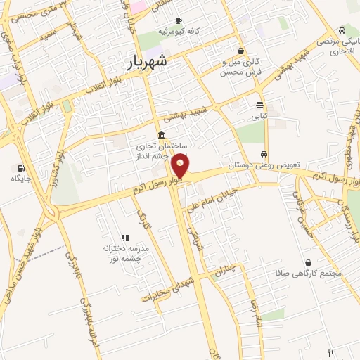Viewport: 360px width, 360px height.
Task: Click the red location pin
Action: coord(181,167)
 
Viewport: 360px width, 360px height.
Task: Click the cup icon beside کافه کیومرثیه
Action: coord(179,21)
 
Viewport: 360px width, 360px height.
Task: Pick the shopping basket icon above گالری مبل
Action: coord(241,51)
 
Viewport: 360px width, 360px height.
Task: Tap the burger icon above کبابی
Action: coord(259,105)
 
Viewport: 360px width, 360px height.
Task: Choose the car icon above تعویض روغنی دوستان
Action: coord(264,155)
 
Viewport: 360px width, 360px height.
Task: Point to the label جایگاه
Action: coord(22,179)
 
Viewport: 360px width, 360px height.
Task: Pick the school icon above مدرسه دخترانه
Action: coord(126,238)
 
